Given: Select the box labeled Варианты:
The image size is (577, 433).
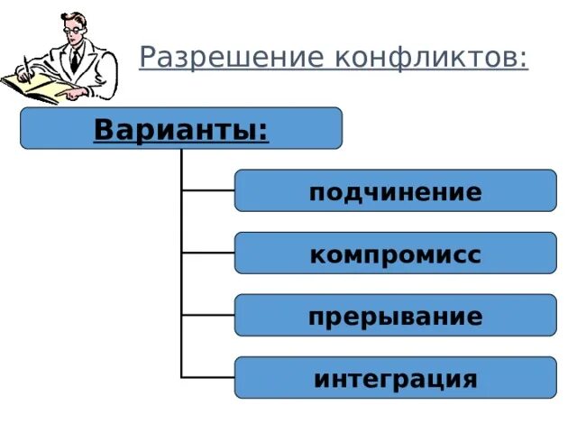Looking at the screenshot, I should click(x=180, y=128).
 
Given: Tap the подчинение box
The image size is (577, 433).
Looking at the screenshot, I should click(x=395, y=190).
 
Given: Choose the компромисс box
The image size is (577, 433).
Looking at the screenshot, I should click(x=395, y=253).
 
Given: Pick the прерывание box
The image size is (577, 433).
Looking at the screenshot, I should click(x=395, y=315).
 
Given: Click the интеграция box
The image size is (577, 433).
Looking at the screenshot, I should click(x=395, y=377).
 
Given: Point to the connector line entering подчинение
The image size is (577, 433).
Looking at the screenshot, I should click(x=208, y=190).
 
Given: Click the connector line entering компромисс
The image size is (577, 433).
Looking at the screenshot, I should click(x=208, y=253).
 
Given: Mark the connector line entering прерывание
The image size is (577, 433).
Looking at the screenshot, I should click(x=208, y=315).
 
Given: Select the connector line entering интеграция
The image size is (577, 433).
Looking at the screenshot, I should click(x=208, y=377).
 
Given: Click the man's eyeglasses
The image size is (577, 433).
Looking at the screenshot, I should click(x=72, y=31).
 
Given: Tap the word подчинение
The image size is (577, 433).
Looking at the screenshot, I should click(x=395, y=192).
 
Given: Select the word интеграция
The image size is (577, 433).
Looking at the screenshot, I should click(x=395, y=378).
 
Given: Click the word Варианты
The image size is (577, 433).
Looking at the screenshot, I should click(x=176, y=129).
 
